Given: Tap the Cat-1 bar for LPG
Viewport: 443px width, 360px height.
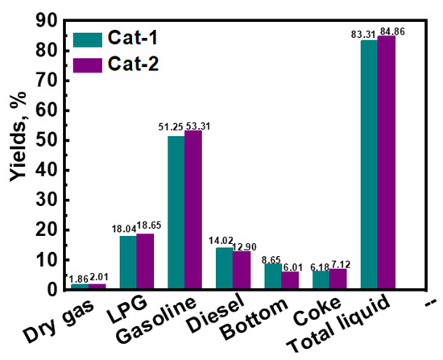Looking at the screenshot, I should [x=127, y=263].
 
